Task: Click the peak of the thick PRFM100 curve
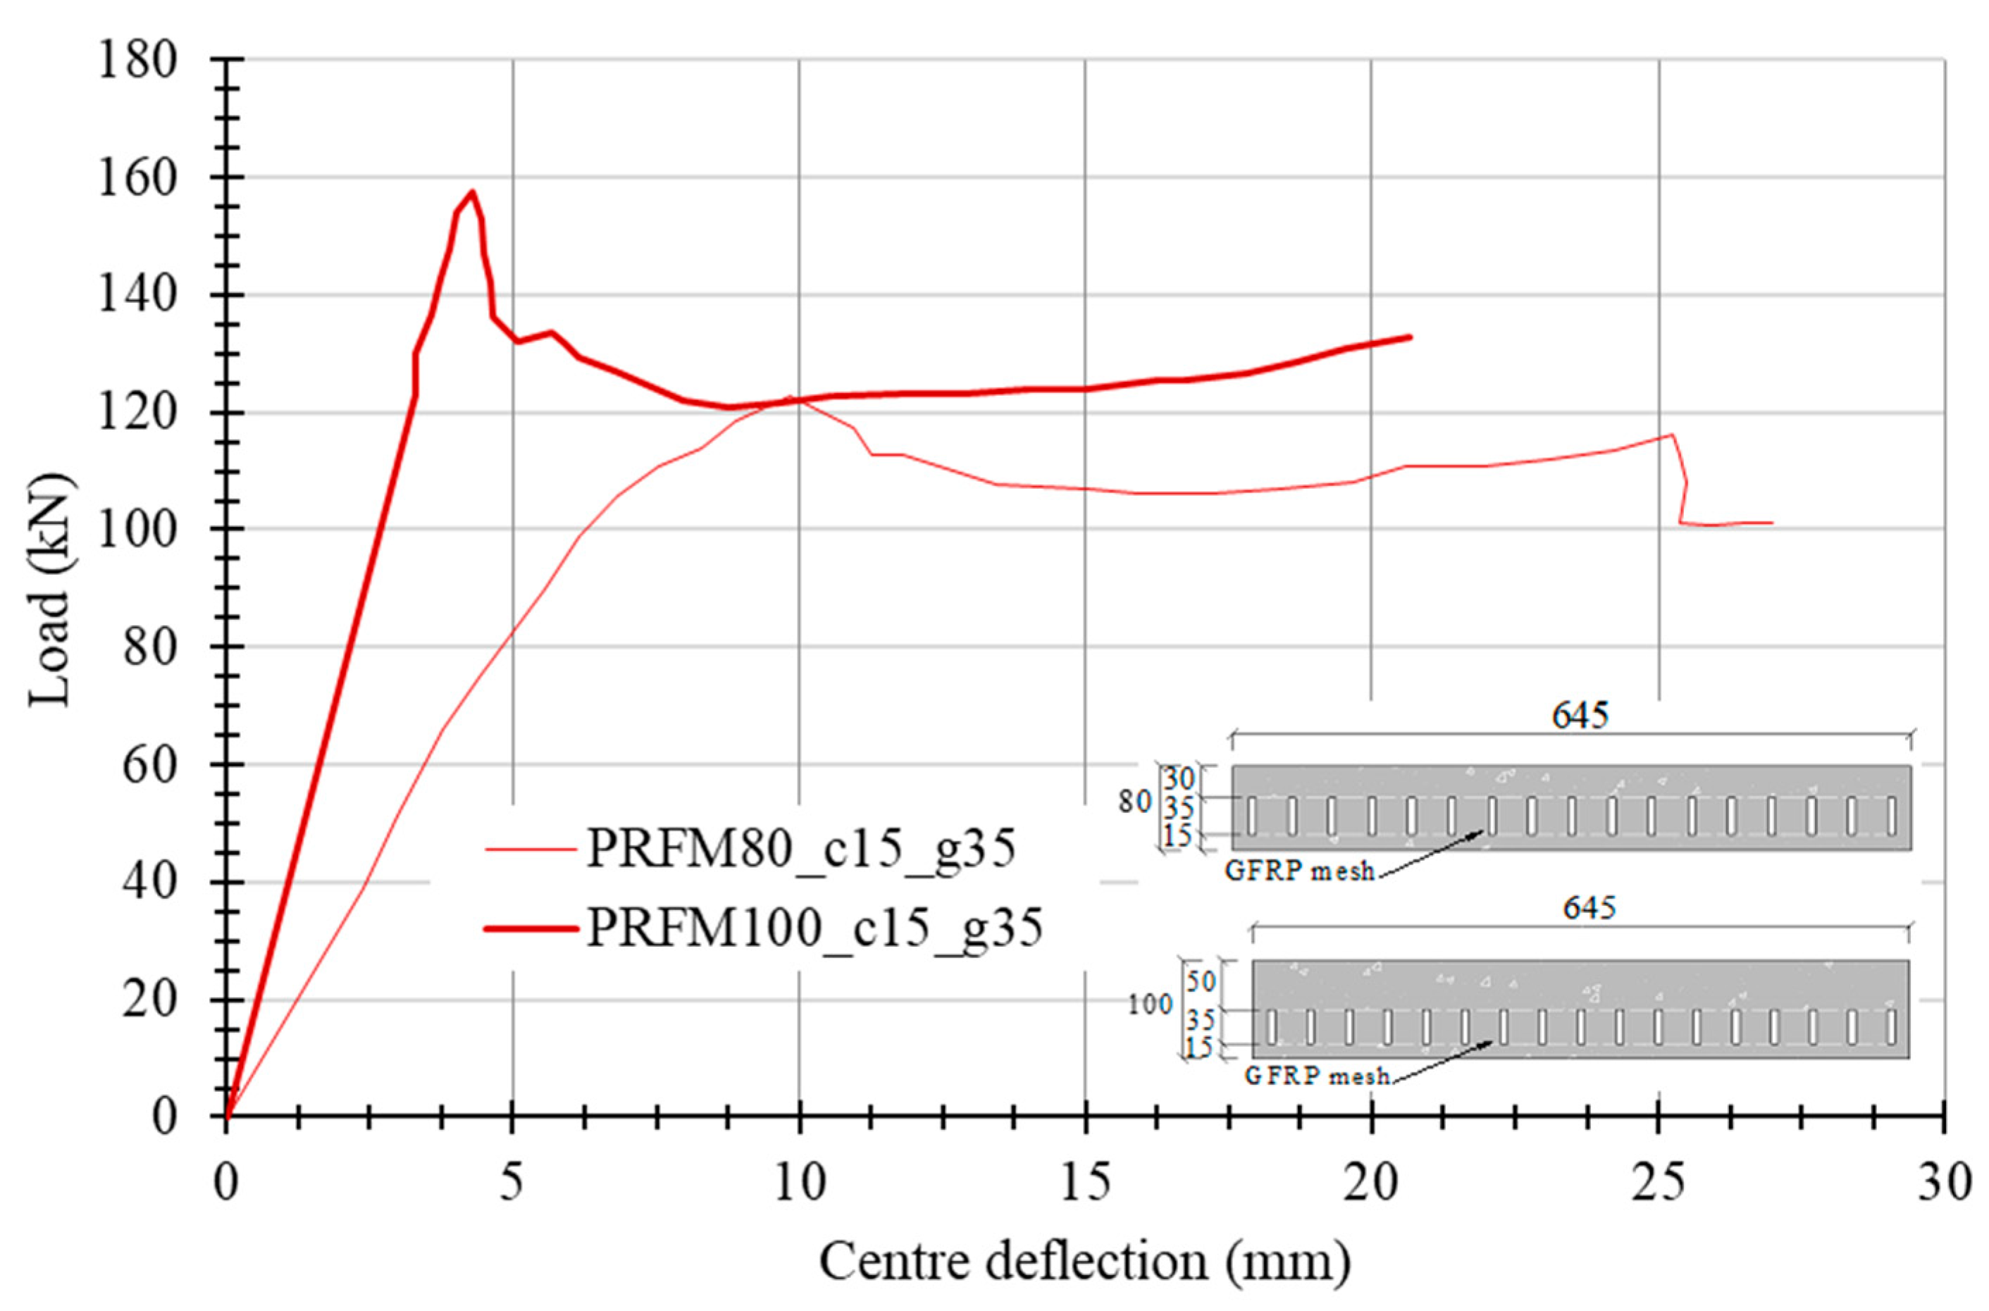472,192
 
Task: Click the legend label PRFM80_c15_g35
801,850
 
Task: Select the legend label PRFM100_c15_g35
815,928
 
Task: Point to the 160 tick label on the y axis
138,178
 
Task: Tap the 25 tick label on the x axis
1659,1186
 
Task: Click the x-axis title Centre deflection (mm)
1084,1262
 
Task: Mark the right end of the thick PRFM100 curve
1411,337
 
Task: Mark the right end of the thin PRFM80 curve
1771,523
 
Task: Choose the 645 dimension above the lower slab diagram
1590,908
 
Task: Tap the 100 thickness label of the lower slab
1150,1006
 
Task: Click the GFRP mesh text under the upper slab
1299,872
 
